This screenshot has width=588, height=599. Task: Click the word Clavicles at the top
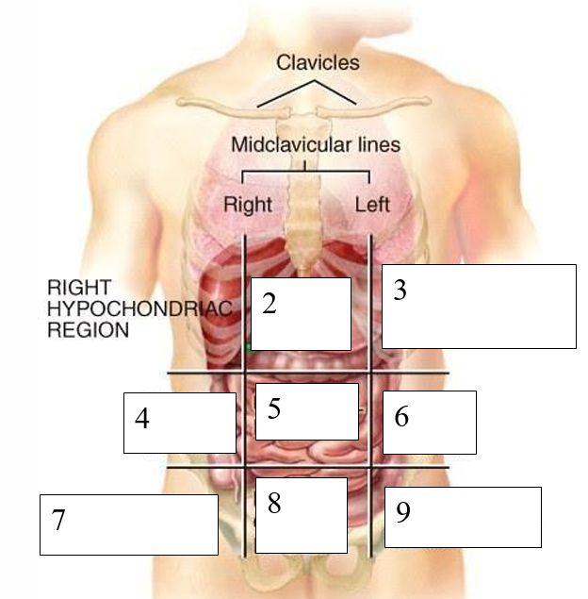click(x=318, y=63)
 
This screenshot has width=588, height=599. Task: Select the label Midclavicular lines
click(x=316, y=145)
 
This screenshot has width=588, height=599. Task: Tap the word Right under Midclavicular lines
click(x=247, y=204)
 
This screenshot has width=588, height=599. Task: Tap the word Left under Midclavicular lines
click(x=372, y=204)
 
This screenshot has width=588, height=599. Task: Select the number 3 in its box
click(x=400, y=291)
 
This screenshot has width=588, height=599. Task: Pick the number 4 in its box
click(x=142, y=418)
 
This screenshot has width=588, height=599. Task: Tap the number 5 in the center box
click(x=274, y=408)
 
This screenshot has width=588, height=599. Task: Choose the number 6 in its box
click(x=401, y=417)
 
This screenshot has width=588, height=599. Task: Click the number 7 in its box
click(x=58, y=520)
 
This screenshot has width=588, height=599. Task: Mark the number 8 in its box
click(x=274, y=503)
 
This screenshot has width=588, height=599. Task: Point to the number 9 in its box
click(x=403, y=512)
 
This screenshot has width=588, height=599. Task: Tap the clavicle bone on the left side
click(x=226, y=105)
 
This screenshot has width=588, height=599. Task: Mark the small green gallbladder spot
click(x=250, y=349)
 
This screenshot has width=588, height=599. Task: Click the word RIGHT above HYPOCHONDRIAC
click(x=80, y=287)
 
